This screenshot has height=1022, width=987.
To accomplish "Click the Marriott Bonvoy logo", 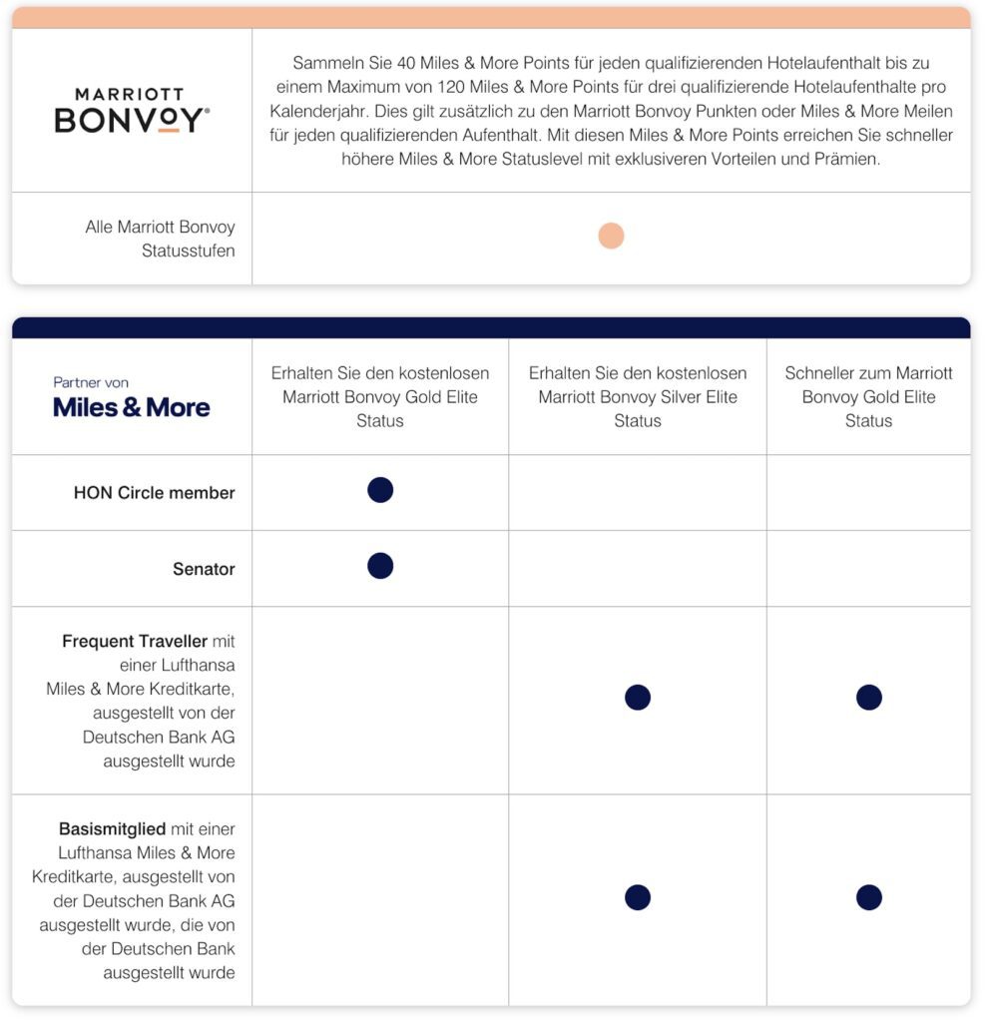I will (x=132, y=110).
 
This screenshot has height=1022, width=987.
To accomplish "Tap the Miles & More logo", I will (x=132, y=407).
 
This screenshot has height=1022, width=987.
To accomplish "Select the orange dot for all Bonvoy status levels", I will (x=611, y=236).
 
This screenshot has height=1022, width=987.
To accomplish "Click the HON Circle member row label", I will (x=154, y=493).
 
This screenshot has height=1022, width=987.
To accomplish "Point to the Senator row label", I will (x=204, y=569).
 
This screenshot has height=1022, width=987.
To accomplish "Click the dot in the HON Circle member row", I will (x=380, y=490).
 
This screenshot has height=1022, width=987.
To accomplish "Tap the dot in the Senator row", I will (x=380, y=566).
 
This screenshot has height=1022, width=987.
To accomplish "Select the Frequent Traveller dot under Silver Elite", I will (x=638, y=698).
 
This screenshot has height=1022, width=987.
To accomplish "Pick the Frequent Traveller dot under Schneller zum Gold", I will (x=868, y=698).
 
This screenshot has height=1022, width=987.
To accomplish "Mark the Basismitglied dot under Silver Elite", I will (x=638, y=897).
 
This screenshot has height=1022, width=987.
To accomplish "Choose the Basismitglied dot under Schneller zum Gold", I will (x=868, y=897).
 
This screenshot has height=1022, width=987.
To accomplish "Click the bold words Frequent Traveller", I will (x=135, y=641).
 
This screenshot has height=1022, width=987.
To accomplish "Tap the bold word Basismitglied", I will (x=113, y=829).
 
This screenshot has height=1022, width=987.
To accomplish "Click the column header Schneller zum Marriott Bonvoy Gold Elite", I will (x=868, y=396).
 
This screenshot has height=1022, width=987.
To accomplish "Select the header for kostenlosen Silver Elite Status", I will (x=638, y=396).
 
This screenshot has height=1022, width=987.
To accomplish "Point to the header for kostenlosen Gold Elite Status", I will (x=380, y=396).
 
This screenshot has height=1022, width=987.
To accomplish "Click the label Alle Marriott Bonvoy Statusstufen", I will (x=160, y=239).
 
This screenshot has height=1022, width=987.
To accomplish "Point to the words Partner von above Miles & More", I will (x=91, y=382).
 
